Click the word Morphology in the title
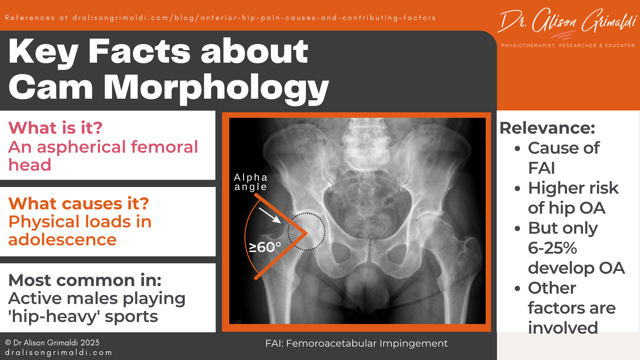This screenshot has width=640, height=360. [x=216, y=87]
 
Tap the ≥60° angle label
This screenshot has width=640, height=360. [x=265, y=247]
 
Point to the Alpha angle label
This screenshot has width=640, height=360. [x=251, y=182]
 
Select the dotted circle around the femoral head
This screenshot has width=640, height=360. [x=306, y=232]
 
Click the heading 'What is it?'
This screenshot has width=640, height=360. [x=55, y=128]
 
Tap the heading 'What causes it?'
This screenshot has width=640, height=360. [x=79, y=203]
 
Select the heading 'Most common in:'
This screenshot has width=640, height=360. [x=85, y=280]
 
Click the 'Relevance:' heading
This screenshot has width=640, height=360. [x=547, y=128]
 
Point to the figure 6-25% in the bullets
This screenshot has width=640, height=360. [x=552, y=248]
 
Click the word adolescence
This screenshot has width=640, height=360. [x=62, y=240]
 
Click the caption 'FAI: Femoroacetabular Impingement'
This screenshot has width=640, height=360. [x=356, y=343]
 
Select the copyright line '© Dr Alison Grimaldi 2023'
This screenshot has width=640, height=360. [x=52, y=343]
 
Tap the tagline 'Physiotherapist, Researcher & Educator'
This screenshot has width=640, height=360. [x=568, y=46]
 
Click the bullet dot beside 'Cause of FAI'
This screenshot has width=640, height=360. [x=517, y=148]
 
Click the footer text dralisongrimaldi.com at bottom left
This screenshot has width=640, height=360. [x=59, y=353]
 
